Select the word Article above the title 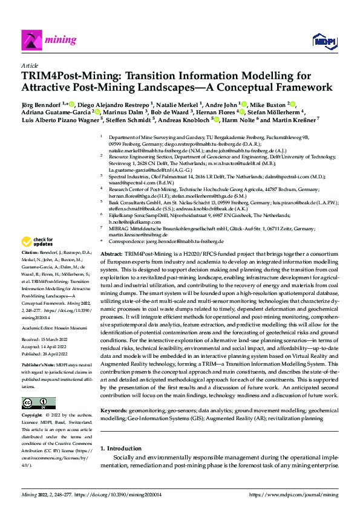pyautogui.click(x=29, y=65)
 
